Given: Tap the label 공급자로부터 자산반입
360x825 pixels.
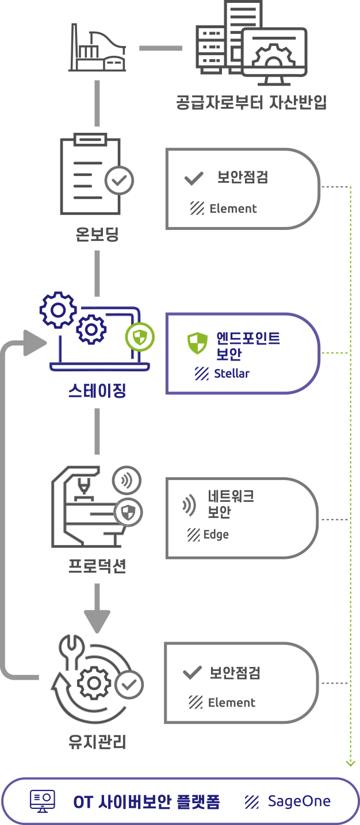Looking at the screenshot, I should click(251, 102).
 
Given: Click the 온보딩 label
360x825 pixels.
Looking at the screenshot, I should click(97, 234).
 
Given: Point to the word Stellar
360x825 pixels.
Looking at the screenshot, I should click(232, 373).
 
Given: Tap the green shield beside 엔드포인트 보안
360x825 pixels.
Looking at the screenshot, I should click(197, 343).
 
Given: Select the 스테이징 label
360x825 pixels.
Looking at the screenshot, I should click(97, 392).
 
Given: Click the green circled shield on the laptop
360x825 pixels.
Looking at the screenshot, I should click(140, 337).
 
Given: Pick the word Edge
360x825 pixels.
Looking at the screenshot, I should click(216, 535).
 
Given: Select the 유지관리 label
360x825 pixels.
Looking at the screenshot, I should click(97, 742).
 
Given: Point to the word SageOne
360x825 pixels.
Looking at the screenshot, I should click(299, 801).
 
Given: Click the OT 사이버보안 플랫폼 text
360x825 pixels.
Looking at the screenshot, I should click(147, 801).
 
